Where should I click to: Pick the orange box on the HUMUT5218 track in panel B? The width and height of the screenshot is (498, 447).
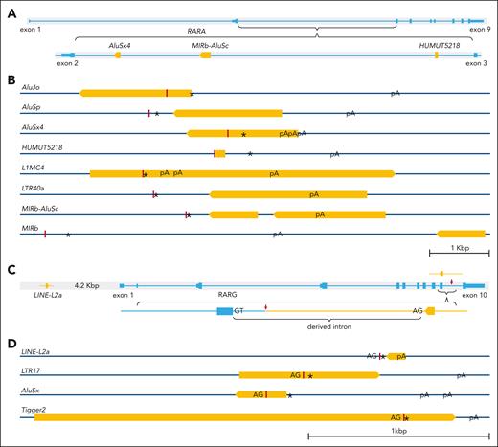click(220, 153)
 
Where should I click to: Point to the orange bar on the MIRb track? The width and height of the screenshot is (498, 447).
click(462, 234)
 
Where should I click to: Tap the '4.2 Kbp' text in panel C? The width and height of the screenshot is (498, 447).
click(89, 284)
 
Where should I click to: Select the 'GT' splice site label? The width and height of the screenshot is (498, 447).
click(238, 311)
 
